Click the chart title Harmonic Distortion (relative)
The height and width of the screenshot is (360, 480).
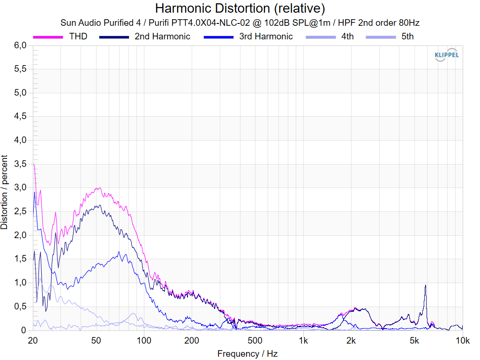[x=240, y=8]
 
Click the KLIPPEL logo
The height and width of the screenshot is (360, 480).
[x=447, y=54]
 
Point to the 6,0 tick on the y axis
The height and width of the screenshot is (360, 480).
[x=20, y=45]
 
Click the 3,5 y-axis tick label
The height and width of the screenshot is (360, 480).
[x=20, y=164]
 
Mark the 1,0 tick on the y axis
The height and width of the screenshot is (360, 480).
[x=20, y=283]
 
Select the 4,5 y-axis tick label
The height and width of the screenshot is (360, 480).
[x=20, y=117]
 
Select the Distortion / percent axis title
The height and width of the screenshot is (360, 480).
[x=5, y=192]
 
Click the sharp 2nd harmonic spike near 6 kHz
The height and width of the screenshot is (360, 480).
[x=425, y=285]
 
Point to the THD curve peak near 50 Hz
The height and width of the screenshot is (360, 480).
[x=97, y=188]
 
